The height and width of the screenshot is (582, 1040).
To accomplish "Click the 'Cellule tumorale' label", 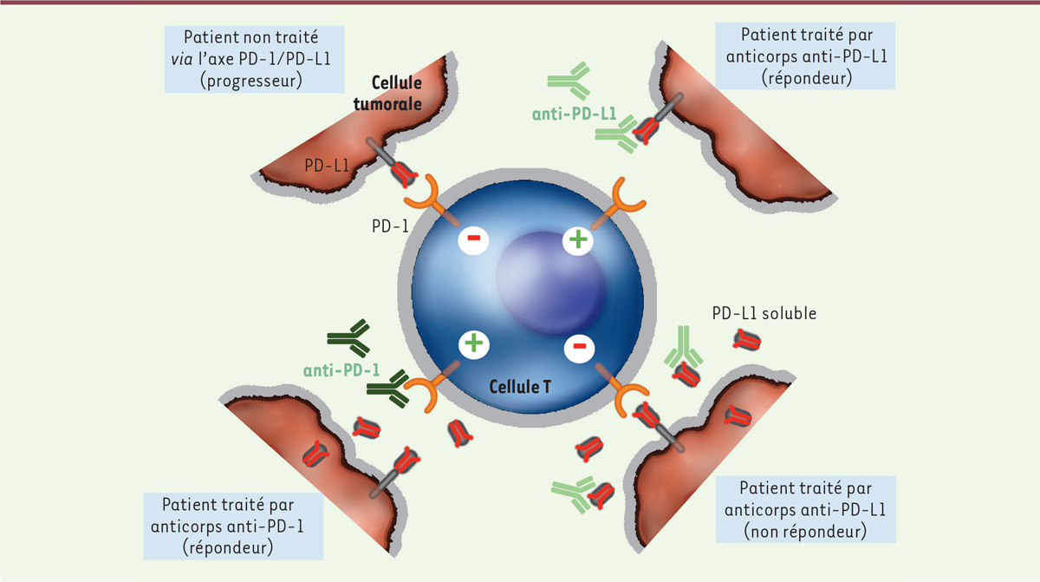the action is coord(387,93).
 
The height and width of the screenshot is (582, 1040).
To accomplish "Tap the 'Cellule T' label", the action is coord(520,387).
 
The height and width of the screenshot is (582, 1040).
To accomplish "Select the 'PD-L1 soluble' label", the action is coord(764,313).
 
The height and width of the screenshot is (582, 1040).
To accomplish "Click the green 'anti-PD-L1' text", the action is coord(574,114).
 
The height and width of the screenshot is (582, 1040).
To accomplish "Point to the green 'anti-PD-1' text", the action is coord(341,370).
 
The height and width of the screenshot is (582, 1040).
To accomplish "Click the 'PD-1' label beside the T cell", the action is coord(390,226).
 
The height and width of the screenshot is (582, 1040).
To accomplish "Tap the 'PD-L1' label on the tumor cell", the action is coord(327,166).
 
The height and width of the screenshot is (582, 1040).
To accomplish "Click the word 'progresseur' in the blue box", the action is coord(251,81).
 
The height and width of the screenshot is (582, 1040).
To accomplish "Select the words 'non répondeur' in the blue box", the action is coord(805,531).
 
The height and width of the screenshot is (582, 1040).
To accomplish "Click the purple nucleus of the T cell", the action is coord(551,283).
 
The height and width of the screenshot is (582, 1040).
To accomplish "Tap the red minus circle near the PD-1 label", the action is coord(473,239).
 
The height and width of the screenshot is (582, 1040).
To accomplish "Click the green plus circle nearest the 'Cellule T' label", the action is coord(473,343).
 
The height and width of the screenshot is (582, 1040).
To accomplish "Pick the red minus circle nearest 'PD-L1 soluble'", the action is coord(579,346).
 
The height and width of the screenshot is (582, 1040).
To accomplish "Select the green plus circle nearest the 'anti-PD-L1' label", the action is coord(578,239).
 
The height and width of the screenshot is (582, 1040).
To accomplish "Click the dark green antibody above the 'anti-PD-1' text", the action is coord(348,338).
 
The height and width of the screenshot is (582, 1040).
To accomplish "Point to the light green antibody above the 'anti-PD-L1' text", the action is coord(569,81).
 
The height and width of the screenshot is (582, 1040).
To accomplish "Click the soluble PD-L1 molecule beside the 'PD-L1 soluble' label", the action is coord(747,341).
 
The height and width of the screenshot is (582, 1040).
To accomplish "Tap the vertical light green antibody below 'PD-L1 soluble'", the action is coord(683,346).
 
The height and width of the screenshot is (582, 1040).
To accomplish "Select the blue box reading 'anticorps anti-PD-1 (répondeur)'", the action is coord(233,526).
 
